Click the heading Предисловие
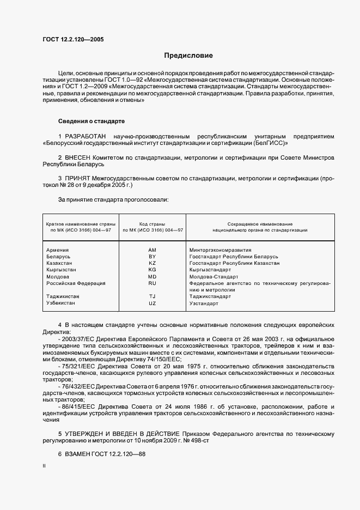click(x=189, y=56)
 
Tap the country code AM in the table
click(x=152, y=250)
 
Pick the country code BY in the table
click(x=152, y=256)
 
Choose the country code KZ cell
click(x=152, y=263)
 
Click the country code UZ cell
click(x=152, y=303)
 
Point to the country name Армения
click(x=58, y=250)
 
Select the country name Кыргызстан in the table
click(x=61, y=270)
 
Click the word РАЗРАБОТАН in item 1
click(x=86, y=136)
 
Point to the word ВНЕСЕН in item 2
click(x=80, y=157)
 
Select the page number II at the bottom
click(x=44, y=466)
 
